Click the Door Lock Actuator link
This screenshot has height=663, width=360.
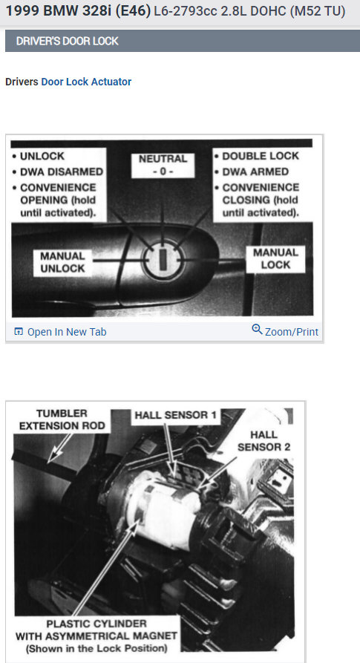tap(86, 82)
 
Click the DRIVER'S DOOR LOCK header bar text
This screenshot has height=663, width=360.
tap(68, 42)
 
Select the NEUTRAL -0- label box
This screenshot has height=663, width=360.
tap(163, 165)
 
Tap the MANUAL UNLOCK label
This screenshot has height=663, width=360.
tap(63, 262)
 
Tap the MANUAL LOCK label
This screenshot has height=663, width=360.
tap(275, 258)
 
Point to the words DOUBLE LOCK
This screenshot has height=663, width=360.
tap(260, 156)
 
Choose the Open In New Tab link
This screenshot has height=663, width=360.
tap(66, 332)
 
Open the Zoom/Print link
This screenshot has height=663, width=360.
tap(291, 332)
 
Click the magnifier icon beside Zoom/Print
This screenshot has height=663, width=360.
tap(257, 330)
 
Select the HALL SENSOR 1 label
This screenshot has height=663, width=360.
tap(176, 416)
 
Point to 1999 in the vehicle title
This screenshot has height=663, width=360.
tap(22, 13)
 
